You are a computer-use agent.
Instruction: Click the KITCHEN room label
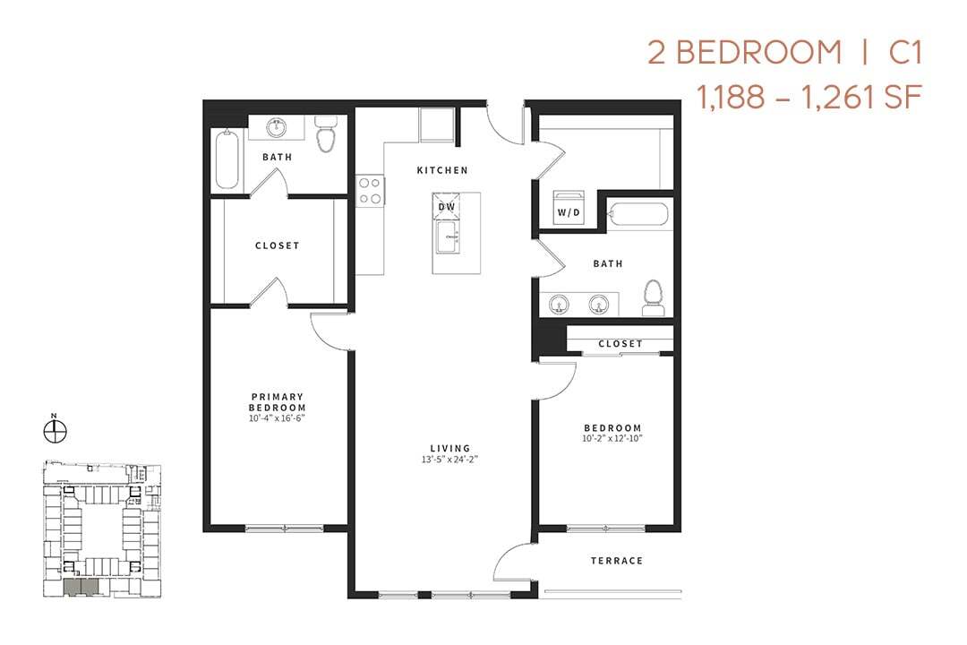(442, 170)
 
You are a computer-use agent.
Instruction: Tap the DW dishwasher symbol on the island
(447, 206)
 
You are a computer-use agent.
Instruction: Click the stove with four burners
(371, 190)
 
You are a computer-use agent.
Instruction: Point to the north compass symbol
(55, 431)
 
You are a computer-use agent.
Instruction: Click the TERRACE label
(617, 561)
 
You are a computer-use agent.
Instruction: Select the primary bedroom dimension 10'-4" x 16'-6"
(278, 418)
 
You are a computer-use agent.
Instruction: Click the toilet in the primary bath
(325, 135)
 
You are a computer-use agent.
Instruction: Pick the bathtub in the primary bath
(227, 160)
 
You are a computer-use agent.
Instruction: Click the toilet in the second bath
(654, 298)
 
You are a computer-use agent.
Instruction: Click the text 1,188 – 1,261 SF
(809, 96)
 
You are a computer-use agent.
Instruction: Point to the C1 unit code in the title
(904, 52)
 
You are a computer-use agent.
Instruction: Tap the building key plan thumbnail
(101, 529)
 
